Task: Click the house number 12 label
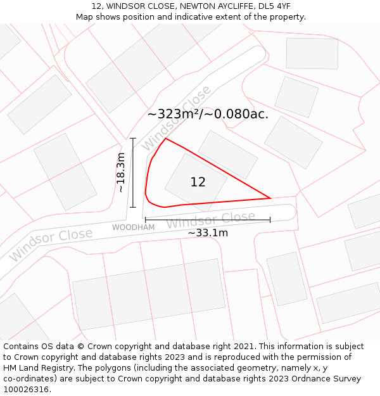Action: click(x=198, y=182)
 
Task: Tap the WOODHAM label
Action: click(x=133, y=227)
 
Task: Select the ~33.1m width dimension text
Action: click(x=208, y=233)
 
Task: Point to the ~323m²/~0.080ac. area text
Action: click(x=208, y=115)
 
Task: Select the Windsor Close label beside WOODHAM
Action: click(x=210, y=220)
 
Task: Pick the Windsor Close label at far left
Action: click(x=51, y=244)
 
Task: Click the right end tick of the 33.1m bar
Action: click(x=270, y=220)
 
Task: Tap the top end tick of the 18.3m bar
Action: click(x=133, y=138)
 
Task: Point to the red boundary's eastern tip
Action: click(x=271, y=198)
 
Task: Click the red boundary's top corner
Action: click(x=165, y=138)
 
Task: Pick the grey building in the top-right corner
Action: click(x=312, y=53)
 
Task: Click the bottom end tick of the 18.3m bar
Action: click(x=133, y=207)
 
